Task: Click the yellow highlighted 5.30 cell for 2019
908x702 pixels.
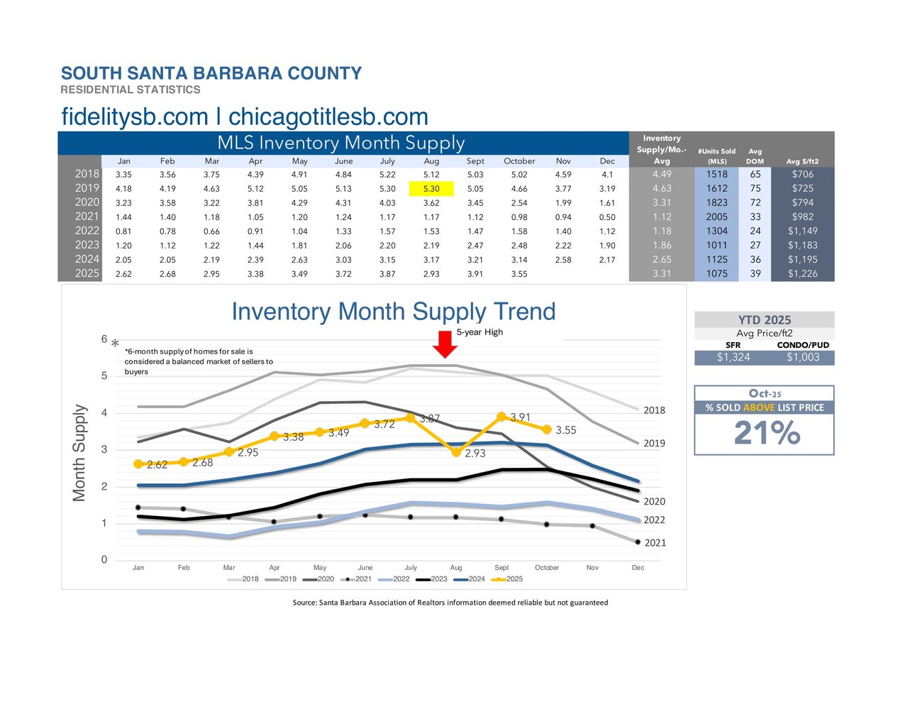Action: click(431, 189)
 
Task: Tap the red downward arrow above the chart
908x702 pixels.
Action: click(445, 344)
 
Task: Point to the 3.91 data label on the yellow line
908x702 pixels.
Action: click(520, 417)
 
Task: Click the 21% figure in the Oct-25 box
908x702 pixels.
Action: click(767, 433)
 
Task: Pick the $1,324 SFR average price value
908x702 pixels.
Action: click(733, 357)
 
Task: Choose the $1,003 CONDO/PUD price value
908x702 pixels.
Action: click(802, 357)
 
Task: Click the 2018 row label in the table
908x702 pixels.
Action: click(87, 174)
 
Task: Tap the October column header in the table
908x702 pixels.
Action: click(519, 161)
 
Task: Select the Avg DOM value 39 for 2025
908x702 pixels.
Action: click(755, 273)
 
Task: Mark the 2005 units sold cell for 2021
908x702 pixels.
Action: click(716, 216)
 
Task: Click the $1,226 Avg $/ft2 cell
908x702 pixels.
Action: click(802, 273)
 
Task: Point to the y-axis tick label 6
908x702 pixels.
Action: click(104, 339)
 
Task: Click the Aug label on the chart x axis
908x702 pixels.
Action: click(456, 568)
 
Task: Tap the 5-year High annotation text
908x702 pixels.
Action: click(480, 332)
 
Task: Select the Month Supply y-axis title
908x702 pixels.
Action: click(79, 453)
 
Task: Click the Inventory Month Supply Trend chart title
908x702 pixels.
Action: click(394, 312)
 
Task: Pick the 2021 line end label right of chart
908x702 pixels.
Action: click(655, 543)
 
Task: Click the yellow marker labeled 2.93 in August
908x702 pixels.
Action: click(456, 452)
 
